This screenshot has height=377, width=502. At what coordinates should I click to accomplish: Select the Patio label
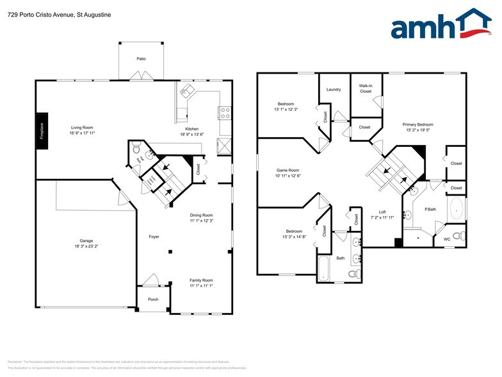point(141,59)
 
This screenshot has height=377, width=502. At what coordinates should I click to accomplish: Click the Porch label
point(153,299)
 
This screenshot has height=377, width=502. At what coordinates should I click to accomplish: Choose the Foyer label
point(154,237)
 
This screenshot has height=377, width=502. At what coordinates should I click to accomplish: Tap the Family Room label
point(201,280)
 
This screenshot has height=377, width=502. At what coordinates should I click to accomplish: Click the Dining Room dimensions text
point(201,221)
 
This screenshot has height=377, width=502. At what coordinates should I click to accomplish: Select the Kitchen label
point(192,129)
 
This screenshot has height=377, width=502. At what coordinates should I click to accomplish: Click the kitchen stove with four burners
point(225,113)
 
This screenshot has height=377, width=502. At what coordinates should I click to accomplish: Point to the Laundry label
point(334,90)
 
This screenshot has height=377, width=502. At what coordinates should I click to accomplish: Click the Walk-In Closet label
point(366,88)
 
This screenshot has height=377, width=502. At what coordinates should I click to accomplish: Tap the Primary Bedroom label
point(417,124)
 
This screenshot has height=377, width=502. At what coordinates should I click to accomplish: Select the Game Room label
point(288,171)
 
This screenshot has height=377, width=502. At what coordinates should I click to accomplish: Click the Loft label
point(382,212)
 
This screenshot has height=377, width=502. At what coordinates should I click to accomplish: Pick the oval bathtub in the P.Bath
point(455,209)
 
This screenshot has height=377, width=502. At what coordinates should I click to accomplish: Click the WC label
point(447,240)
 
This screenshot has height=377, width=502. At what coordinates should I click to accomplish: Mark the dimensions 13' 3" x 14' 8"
point(294,237)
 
